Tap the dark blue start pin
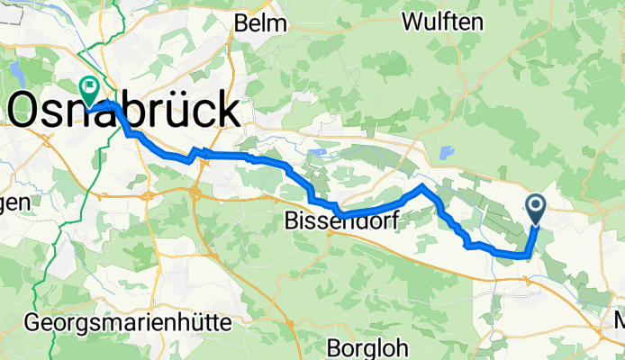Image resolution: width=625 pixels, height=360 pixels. tap(537, 210)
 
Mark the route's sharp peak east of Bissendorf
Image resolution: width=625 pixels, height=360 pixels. tap(421, 186)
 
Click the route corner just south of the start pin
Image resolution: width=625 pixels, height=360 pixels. tap(526, 256)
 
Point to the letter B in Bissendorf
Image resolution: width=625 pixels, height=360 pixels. tap(292, 220)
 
